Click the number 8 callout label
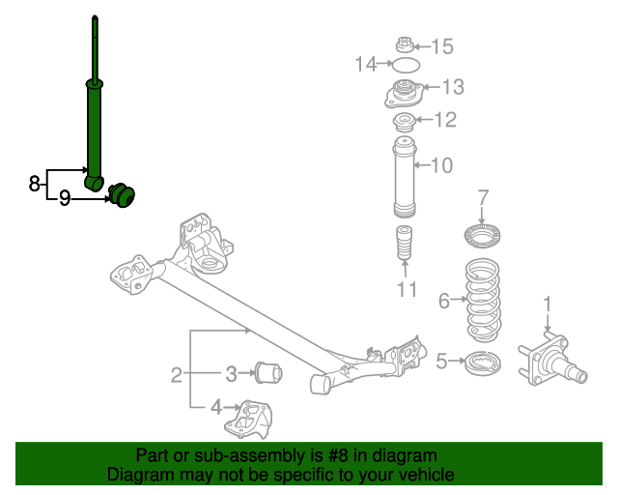(x=34, y=182)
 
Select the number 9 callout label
(x=65, y=199)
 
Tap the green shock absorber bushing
(x=123, y=194)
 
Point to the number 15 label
(x=441, y=45)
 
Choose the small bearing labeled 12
(x=405, y=122)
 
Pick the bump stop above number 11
(x=405, y=244)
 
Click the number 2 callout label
(x=176, y=374)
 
